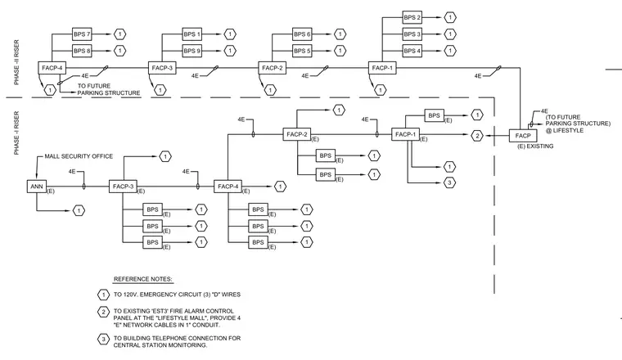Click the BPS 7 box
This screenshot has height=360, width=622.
pyautogui.click(x=82, y=34)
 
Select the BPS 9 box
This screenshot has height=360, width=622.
pyautogui.click(x=192, y=51)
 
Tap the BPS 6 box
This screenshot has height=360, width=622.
pyautogui.click(x=302, y=34)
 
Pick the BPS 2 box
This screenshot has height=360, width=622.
pyautogui.click(x=412, y=17)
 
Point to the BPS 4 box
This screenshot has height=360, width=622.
pyautogui.click(x=412, y=51)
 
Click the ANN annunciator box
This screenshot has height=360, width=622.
pyautogui.click(x=37, y=187)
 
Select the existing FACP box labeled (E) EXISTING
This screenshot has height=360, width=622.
pyautogui.click(x=523, y=136)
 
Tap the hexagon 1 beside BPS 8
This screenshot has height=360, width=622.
pyautogui.click(x=119, y=51)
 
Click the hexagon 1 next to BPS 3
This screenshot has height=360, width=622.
pyautogui.click(x=450, y=34)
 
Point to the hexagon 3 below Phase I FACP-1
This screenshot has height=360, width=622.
pyautogui.click(x=449, y=182)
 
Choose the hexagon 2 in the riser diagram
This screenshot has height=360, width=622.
pyautogui.click(x=477, y=136)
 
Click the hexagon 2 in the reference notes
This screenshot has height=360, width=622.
pyautogui.click(x=104, y=312)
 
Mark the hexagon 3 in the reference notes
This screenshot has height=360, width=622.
pyautogui.click(x=104, y=340)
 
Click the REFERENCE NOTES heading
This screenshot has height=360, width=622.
pyautogui.click(x=142, y=279)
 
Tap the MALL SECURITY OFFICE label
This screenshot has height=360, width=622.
pyautogui.click(x=79, y=156)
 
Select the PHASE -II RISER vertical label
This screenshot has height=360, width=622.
pyautogui.click(x=16, y=62)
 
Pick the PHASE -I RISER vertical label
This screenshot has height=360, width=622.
pyautogui.click(x=16, y=133)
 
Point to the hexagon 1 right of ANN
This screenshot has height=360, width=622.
pyautogui.click(x=79, y=210)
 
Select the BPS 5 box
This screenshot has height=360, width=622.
pyautogui.click(x=302, y=51)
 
